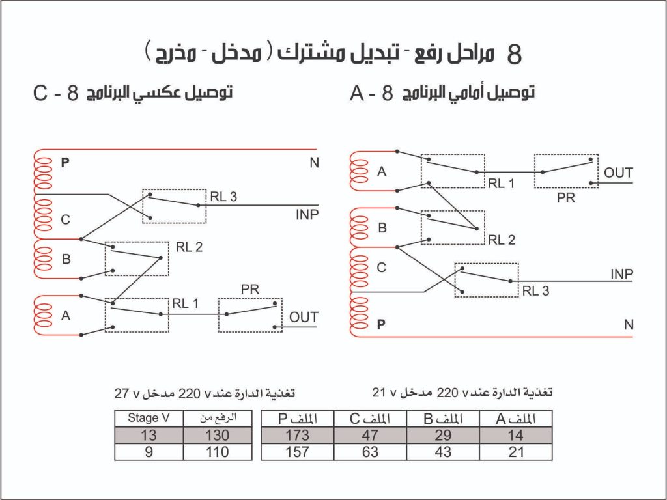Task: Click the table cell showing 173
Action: tap(297, 436)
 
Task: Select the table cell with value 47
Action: tap(370, 436)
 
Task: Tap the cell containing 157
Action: tap(297, 452)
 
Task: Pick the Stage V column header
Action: tap(149, 419)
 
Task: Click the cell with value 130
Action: tap(218, 436)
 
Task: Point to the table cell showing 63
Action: tap(370, 452)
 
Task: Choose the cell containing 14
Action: tap(516, 436)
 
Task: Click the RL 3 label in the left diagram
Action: tap(223, 197)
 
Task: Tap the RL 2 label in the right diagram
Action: tap(502, 240)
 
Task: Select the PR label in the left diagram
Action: tap(249, 290)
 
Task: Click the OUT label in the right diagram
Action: tap(618, 173)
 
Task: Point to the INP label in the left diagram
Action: tap(307, 215)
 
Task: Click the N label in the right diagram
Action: tap(629, 326)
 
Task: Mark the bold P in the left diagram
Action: tap(65, 163)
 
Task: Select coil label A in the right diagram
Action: tap(382, 172)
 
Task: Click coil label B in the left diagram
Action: tap(66, 259)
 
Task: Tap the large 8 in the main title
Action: tap(514, 55)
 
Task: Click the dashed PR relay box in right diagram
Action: tap(566, 171)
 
